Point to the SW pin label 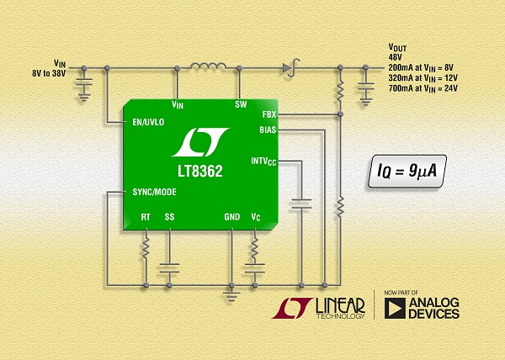[x=240, y=105]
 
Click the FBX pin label [x=269, y=114]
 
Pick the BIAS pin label [x=268, y=130]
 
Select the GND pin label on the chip [x=231, y=217]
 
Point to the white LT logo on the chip [x=201, y=145]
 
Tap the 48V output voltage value [x=396, y=56]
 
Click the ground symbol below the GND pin [x=231, y=294]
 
